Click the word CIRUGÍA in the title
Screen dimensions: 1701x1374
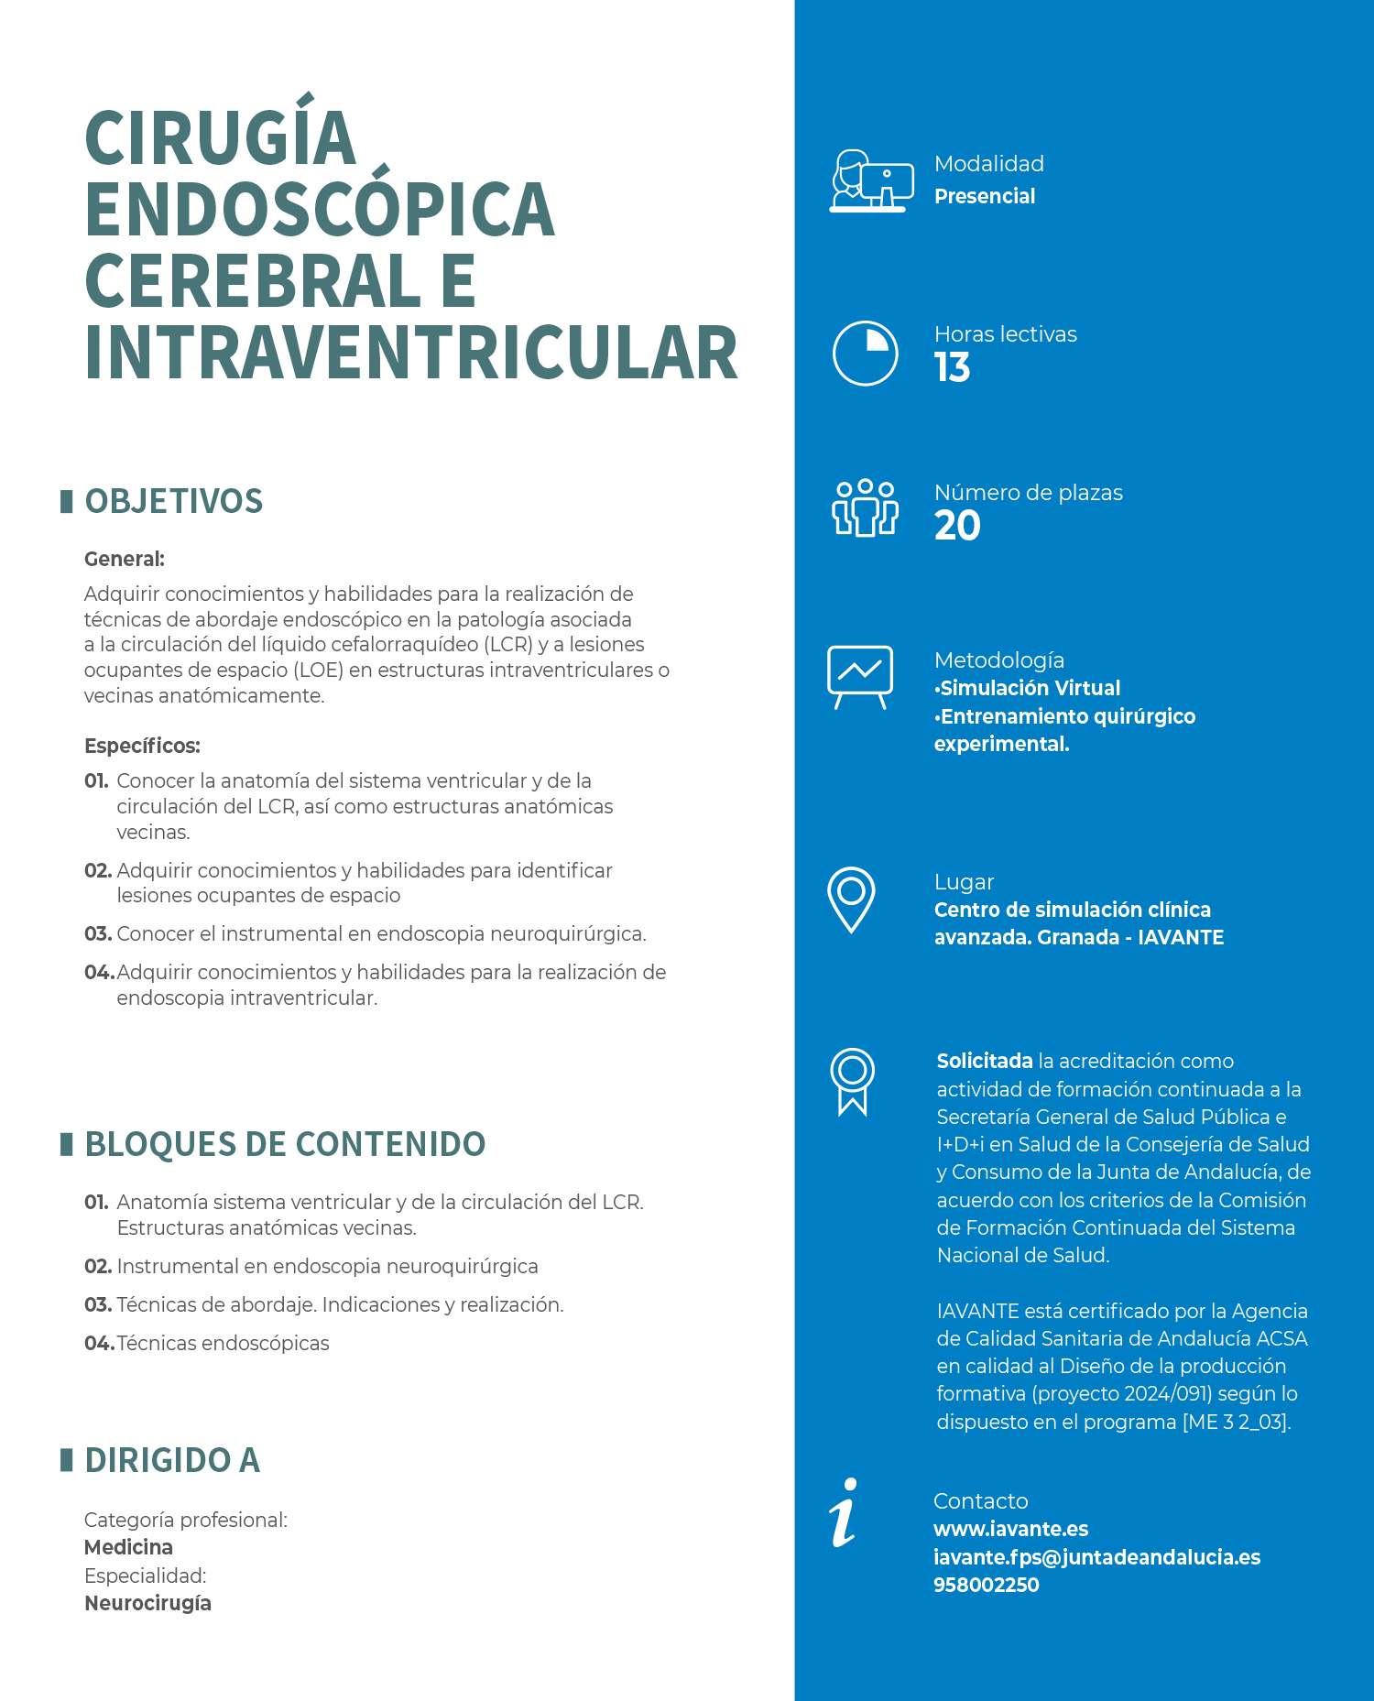[220, 137]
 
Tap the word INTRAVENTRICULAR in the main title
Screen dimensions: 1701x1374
[410, 354]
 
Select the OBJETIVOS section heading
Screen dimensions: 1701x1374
[173, 502]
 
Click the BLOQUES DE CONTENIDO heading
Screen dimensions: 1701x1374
[284, 1145]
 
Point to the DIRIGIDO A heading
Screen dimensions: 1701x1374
[172, 1460]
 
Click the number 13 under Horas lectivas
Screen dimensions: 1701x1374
[952, 368]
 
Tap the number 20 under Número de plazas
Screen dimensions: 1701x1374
[957, 526]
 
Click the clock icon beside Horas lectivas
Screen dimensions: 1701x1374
[865, 353]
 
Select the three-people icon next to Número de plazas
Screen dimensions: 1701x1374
[865, 507]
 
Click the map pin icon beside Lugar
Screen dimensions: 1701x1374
[851, 899]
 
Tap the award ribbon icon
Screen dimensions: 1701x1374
[852, 1081]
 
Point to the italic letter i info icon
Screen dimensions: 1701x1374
[844, 1512]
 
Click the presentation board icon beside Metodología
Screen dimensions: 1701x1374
[859, 676]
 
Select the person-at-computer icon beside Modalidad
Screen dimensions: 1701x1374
[871, 181]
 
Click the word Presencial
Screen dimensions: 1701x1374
[985, 196]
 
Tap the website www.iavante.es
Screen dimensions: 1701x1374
[1010, 1529]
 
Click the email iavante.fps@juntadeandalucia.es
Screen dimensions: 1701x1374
[1096, 1557]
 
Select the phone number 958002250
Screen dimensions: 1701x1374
[986, 1585]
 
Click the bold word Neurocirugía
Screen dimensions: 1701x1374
[147, 1603]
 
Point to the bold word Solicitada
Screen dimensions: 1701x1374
[985, 1061]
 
